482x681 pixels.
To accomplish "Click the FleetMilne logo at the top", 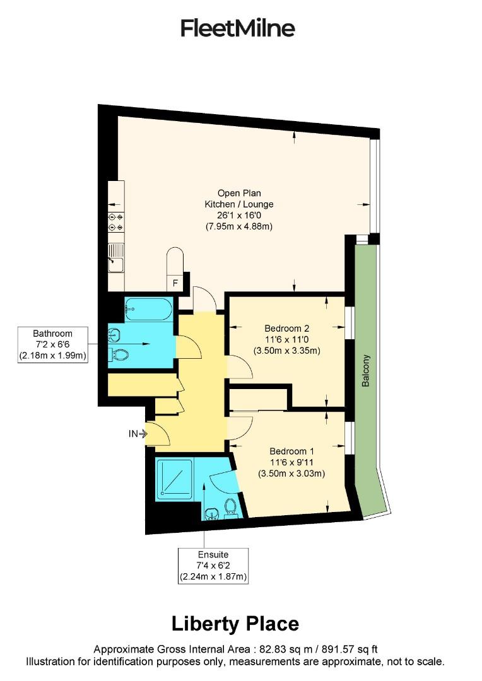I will click(238, 28).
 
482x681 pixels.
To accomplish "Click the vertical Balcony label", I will click(366, 371).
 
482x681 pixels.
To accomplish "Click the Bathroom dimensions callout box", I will click(53, 344).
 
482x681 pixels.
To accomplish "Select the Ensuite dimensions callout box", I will click(213, 565).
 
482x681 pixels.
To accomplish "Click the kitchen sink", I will click(115, 260).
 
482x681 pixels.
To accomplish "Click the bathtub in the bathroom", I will click(148, 310).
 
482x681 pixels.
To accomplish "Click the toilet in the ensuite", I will click(231, 506).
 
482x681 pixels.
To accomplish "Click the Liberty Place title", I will click(235, 624).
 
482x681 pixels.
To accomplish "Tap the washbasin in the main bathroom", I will click(115, 332).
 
